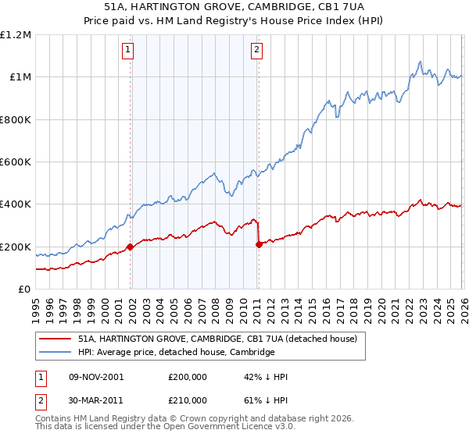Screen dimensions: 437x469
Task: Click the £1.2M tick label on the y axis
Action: [x=16, y=34]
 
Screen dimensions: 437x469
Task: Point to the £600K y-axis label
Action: [x=16, y=162]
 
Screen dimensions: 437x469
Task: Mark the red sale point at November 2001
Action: [x=131, y=247]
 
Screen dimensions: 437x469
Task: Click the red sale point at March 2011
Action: [x=259, y=245]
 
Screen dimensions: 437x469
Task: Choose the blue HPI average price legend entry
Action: [x=176, y=352]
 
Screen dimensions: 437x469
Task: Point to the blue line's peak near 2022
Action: [x=421, y=61]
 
